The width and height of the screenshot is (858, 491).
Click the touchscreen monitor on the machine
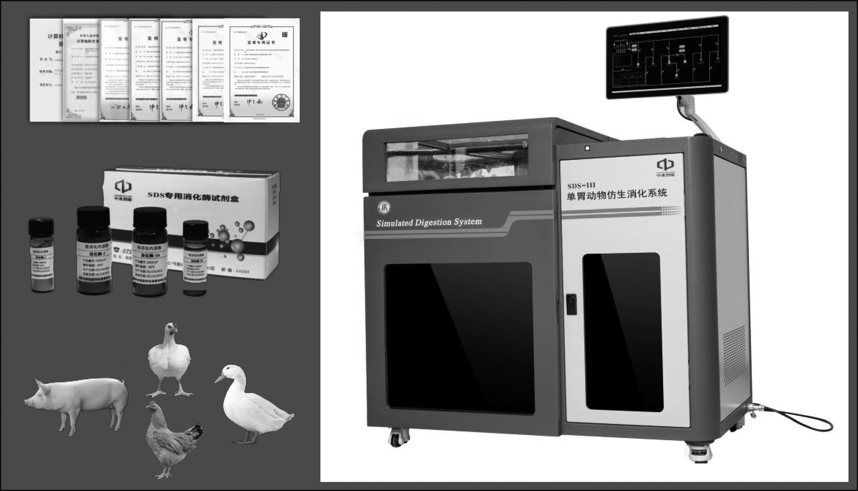tap(667, 57)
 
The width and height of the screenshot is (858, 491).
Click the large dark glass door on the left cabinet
tap(459, 337)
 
